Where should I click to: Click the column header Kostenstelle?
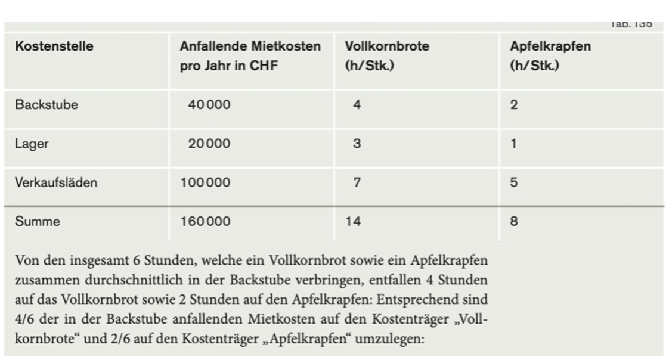(x=54, y=46)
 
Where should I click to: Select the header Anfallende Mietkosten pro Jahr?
(x=250, y=55)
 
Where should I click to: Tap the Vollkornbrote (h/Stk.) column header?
(x=386, y=55)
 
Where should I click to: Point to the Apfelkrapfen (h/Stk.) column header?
(x=550, y=55)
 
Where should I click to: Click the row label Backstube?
(x=47, y=105)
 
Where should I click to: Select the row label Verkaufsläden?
(x=56, y=182)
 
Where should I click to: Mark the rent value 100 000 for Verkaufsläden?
(x=205, y=182)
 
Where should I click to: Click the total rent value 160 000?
(x=205, y=222)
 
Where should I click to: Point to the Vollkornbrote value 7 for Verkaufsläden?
(x=357, y=182)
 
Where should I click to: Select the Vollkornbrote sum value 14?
(x=353, y=222)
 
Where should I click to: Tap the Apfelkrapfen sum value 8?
(x=514, y=222)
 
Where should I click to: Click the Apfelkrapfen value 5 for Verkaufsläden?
(x=514, y=182)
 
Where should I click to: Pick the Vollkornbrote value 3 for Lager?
(x=357, y=144)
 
